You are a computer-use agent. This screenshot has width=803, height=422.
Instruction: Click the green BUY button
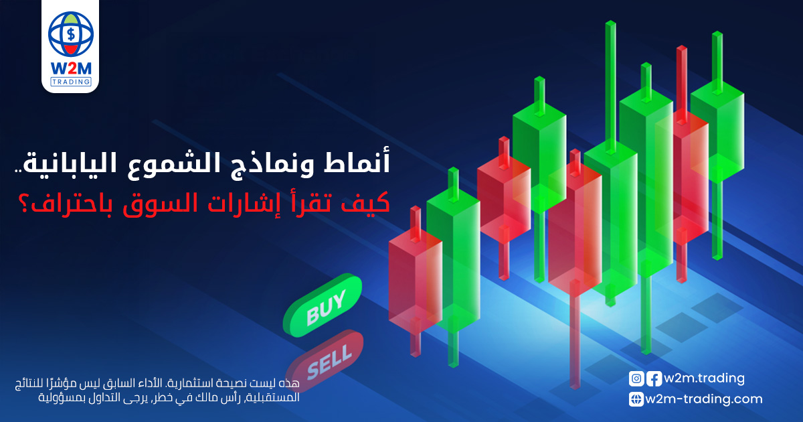pos(323,305)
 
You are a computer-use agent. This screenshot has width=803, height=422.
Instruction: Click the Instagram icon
pos(636,379)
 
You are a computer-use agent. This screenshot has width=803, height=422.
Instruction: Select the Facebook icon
pos(654,379)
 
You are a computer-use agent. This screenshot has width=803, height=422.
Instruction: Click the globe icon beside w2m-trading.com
pos(636,399)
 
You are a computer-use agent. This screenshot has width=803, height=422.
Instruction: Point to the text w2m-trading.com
pos(704,399)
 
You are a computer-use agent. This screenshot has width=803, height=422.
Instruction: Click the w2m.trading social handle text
pos(704,378)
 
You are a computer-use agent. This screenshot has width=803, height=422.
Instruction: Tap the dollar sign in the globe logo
pos(71,34)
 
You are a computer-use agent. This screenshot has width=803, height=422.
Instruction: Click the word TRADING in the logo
pos(71,82)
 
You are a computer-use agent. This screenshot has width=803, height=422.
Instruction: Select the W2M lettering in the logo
pos(71,68)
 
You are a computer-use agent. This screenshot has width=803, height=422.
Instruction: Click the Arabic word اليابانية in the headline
pos(68,163)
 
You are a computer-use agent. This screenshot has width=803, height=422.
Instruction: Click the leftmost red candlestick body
pos(416,281)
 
